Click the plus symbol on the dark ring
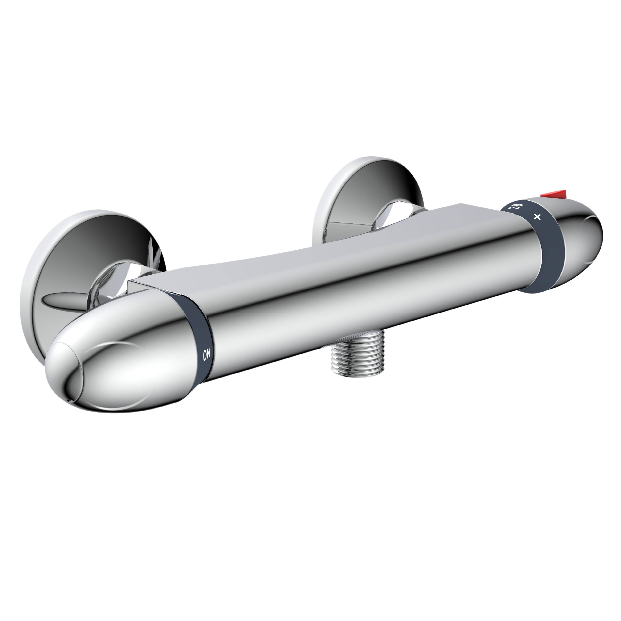click(537, 217)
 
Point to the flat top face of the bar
click(321, 251)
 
